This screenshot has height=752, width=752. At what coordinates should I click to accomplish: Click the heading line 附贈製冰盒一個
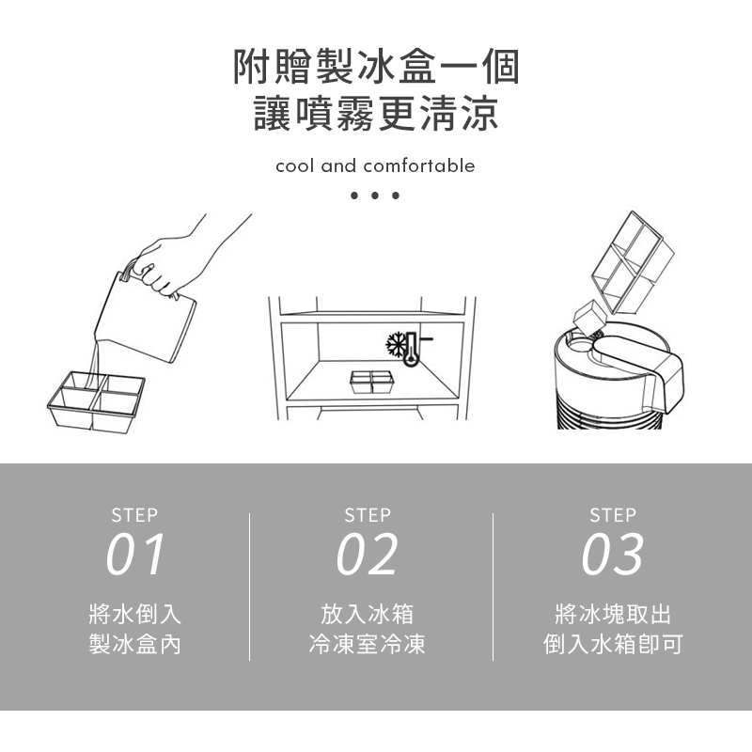376,67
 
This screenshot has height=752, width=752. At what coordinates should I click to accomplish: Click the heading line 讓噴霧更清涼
376,113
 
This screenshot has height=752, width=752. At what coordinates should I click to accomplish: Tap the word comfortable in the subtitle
419,166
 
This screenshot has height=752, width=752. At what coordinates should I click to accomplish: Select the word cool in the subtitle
295,166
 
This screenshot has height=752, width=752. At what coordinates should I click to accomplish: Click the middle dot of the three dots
375,196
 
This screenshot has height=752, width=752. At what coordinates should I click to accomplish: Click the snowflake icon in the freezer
396,345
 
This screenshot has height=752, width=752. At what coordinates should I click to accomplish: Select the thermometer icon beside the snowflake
412,349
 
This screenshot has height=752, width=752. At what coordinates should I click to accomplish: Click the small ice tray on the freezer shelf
372,383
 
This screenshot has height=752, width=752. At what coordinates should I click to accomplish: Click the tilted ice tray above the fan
633,263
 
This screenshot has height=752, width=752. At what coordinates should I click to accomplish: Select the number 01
135,555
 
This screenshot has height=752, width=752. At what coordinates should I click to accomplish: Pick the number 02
367,555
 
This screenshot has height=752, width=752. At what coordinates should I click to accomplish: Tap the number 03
613,555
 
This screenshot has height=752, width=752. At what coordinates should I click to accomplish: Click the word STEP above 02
368,515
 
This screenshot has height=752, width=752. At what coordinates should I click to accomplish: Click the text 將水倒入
134,614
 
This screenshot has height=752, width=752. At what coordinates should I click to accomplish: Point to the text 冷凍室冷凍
367,644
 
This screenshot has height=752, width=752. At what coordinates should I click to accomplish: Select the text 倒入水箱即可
613,644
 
